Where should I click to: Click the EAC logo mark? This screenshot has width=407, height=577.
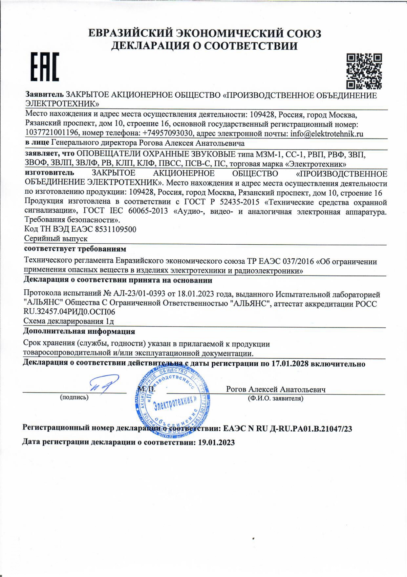(45, 67)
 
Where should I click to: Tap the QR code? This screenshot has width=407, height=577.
(364, 71)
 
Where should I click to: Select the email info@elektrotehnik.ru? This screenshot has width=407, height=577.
(327, 133)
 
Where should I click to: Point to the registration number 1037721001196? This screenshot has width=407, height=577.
(52, 133)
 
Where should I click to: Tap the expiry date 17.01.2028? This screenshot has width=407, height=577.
(290, 364)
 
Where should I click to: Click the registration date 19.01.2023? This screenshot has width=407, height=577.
(217, 442)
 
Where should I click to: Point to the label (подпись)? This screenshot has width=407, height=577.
(74, 397)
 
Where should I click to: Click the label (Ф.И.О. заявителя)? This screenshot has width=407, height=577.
(275, 398)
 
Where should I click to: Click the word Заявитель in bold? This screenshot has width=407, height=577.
(45, 95)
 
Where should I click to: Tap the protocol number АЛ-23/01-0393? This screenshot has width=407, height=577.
(139, 294)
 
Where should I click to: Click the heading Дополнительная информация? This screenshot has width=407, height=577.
(79, 331)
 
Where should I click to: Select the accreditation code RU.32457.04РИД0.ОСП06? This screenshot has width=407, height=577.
(70, 311)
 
